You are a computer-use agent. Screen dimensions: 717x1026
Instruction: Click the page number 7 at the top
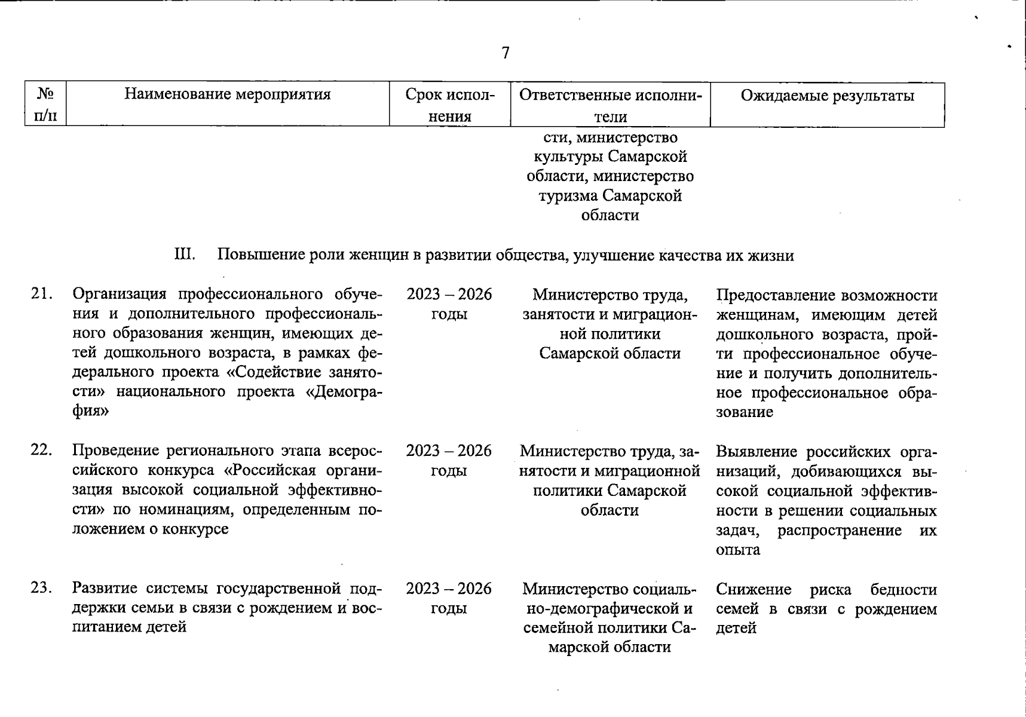click(506, 53)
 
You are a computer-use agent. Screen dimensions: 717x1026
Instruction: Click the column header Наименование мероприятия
click(227, 94)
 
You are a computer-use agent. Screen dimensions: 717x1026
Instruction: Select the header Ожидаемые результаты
click(827, 96)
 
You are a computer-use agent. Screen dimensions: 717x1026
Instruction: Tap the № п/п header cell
click(45, 105)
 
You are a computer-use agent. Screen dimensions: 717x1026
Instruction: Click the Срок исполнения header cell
click(449, 105)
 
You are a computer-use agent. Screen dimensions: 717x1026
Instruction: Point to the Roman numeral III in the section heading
click(184, 255)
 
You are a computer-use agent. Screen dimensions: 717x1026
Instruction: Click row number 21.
click(42, 294)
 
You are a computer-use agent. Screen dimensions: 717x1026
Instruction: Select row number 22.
click(42, 451)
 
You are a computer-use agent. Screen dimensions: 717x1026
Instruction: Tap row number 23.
click(42, 589)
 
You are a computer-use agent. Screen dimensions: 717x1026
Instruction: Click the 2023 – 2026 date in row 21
click(449, 294)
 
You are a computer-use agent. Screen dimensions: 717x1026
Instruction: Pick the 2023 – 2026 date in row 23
click(449, 589)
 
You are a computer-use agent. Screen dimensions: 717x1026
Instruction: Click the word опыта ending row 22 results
click(737, 550)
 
